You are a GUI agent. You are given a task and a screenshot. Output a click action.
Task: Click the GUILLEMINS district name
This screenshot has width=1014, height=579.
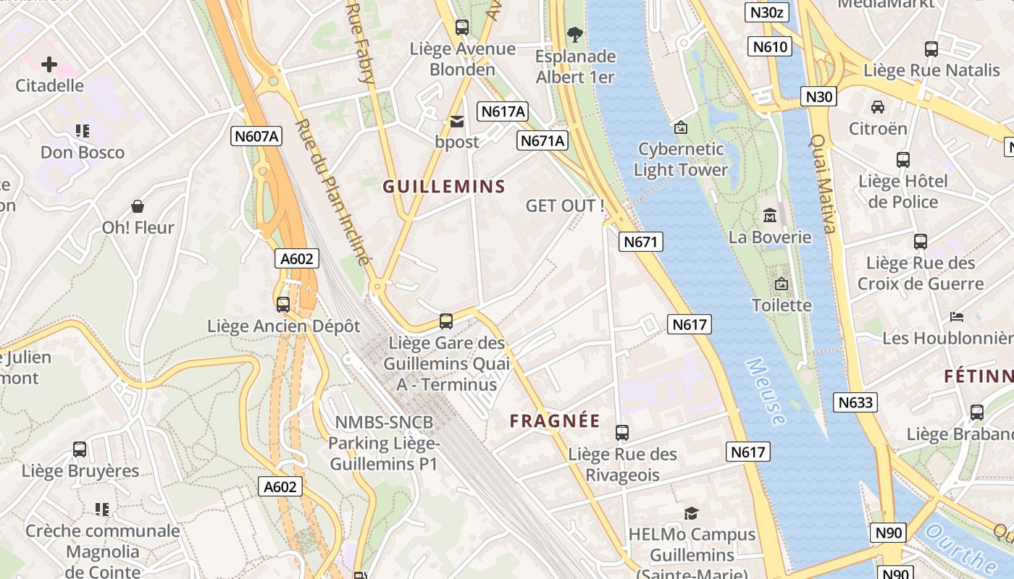tap(444, 186)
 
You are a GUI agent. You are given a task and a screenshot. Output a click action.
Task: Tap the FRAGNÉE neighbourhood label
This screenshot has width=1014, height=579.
tap(555, 420)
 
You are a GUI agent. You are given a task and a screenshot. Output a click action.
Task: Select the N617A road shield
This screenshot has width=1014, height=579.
tap(503, 111)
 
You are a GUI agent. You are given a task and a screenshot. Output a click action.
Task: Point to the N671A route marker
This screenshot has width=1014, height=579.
tap(542, 140)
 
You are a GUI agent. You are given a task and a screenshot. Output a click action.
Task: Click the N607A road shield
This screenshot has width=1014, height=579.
tap(256, 135)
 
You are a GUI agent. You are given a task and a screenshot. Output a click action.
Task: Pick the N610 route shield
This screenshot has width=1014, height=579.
tap(770, 47)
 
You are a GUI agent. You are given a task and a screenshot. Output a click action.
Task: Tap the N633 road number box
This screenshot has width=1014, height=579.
tap(855, 402)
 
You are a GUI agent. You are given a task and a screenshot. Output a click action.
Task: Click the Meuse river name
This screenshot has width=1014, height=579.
tap(766, 392)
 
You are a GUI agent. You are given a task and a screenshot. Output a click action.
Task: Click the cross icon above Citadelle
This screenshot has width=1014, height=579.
tap(49, 64)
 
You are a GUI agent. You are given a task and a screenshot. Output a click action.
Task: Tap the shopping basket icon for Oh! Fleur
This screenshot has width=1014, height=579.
tap(138, 207)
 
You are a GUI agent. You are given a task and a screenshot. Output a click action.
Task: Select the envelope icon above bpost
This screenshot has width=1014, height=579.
tap(457, 122)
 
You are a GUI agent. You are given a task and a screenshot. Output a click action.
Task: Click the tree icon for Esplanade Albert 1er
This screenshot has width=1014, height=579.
tap(575, 34)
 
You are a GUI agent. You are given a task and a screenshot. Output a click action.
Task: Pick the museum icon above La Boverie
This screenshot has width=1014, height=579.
tap(769, 216)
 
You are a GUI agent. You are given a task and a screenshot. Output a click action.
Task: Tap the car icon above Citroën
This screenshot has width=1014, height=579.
tap(878, 107)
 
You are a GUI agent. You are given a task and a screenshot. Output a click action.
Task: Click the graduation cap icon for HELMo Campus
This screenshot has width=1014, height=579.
tap(692, 513)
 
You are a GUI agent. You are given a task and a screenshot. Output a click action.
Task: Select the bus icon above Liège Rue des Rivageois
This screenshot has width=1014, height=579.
tap(622, 433)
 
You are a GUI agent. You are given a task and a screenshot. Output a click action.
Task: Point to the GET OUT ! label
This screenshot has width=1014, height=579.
tap(565, 206)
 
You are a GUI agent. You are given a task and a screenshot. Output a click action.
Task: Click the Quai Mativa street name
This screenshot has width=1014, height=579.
tap(823, 184)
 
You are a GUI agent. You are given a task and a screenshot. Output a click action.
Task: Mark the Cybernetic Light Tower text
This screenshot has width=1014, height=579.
tap(680, 159)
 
